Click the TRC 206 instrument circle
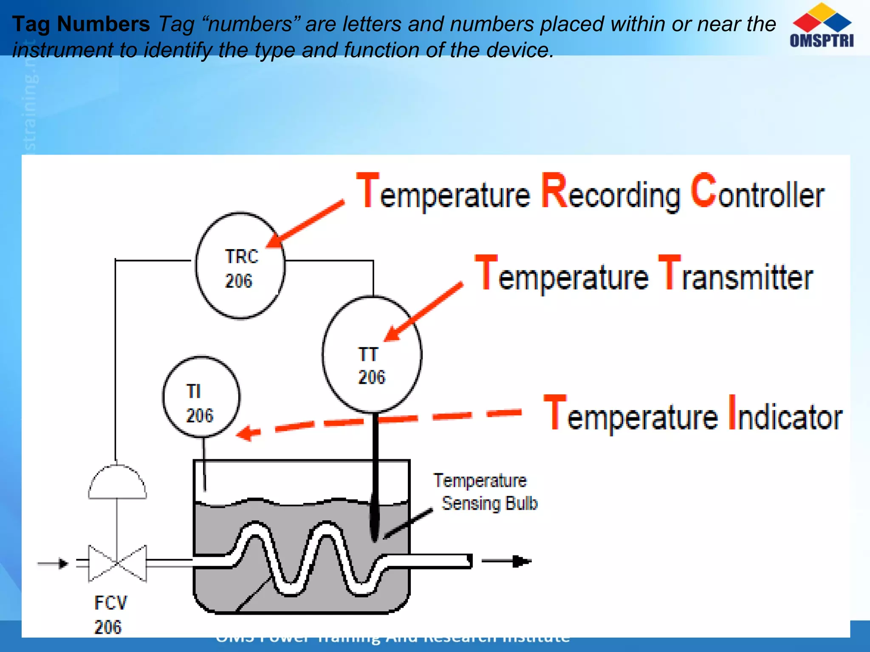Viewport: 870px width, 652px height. click(240, 266)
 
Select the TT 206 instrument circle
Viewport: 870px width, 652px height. click(372, 354)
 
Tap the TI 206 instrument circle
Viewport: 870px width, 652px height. click(201, 397)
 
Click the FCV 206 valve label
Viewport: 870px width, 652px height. click(110, 615)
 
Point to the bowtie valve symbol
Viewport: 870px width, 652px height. click(117, 563)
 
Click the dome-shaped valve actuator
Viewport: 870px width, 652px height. click(117, 483)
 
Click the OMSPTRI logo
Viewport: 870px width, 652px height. click(822, 25)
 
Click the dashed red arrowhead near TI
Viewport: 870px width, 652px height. click(248, 433)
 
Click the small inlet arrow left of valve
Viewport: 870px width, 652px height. click(54, 563)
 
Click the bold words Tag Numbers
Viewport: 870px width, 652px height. click(81, 24)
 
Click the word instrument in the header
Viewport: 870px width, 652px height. click(61, 50)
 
